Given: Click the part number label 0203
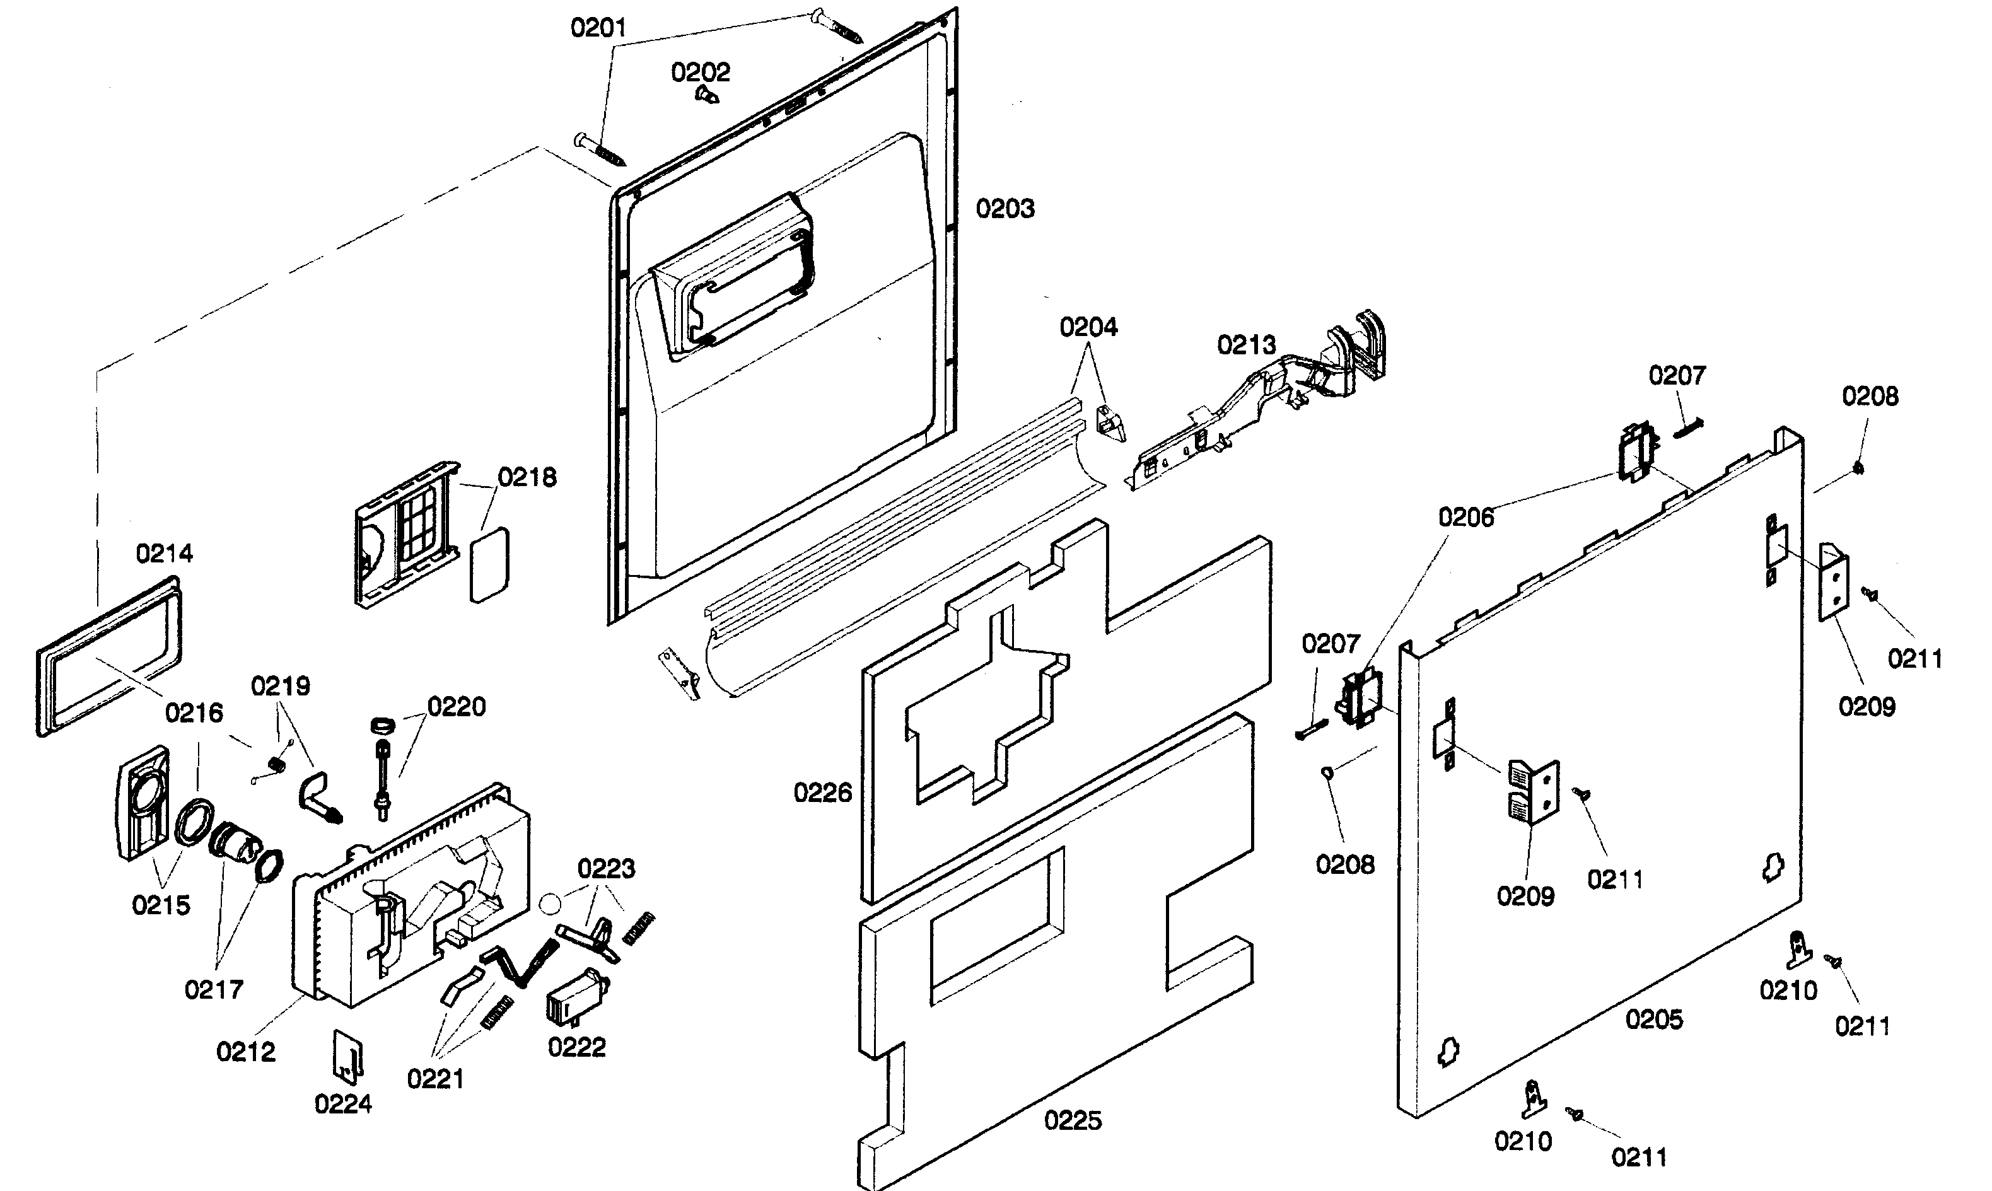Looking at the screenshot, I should click(1005, 209).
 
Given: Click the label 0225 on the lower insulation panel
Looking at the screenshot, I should click(1072, 1120).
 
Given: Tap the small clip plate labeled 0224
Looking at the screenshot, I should click(347, 1055).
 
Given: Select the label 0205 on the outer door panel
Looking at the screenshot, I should click(1653, 1020).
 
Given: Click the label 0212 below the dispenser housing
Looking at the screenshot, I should click(245, 1052).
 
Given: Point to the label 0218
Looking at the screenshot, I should click(527, 477).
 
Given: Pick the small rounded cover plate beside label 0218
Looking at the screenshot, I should click(489, 564).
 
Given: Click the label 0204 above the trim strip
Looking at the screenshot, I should click(1088, 327).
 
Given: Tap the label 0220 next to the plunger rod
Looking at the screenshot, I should click(456, 707).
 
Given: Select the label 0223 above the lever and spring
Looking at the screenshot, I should click(606, 868).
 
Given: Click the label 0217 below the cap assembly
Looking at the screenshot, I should click(214, 989).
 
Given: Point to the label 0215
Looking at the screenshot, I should click(161, 905).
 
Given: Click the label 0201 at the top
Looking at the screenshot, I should click(598, 28).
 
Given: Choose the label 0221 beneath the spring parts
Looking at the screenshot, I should click(435, 1079).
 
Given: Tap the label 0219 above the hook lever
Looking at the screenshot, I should click(280, 686).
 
